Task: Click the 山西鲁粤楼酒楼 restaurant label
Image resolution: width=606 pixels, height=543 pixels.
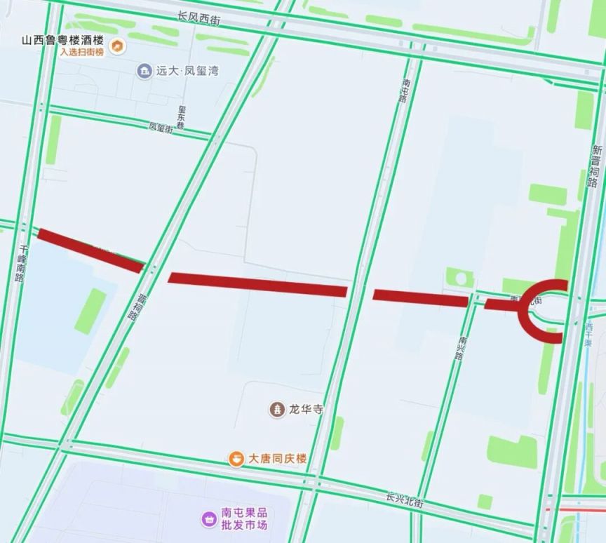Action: [62, 40]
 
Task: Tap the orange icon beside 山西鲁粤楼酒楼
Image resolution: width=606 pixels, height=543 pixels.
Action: [119, 47]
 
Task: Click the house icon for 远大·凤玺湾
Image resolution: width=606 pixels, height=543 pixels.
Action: [144, 70]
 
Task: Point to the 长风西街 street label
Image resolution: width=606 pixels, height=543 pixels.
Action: [199, 18]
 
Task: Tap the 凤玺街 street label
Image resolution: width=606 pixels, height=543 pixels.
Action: [161, 128]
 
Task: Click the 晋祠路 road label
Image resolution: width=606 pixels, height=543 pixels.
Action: [137, 307]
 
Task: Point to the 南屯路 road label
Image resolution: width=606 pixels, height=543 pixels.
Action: [403, 90]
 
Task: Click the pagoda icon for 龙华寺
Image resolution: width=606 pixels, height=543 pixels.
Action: [278, 409]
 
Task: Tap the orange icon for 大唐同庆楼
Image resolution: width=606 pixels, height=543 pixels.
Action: [237, 459]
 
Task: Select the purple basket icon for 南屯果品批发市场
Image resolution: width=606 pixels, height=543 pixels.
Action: [208, 518]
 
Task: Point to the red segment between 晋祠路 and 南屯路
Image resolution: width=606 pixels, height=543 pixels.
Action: [257, 284]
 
